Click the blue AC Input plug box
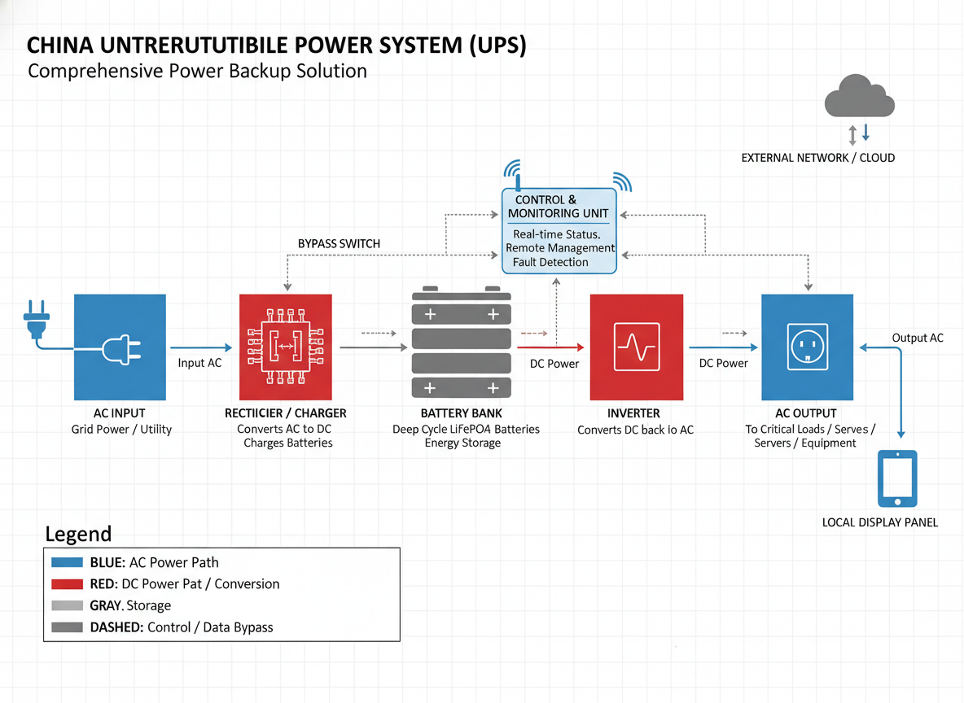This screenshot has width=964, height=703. click(120, 347)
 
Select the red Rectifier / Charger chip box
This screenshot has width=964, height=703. click(286, 347)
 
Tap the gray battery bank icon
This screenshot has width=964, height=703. click(461, 342)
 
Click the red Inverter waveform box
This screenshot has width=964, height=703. click(636, 347)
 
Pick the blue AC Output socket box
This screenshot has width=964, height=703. click(807, 347)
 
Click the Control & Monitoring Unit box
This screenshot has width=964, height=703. click(559, 231)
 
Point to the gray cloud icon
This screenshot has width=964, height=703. click(860, 97)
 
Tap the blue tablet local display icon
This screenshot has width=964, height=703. click(897, 478)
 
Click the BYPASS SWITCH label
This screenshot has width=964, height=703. click(339, 243)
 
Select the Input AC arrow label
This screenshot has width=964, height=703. click(199, 363)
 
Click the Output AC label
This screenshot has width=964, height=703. click(918, 338)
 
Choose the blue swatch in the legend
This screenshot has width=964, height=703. click(67, 562)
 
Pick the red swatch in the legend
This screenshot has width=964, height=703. click(67, 584)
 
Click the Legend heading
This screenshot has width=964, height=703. click(78, 535)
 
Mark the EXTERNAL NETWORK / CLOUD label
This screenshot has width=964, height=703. click(817, 158)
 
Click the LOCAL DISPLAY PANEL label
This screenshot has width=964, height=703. click(880, 522)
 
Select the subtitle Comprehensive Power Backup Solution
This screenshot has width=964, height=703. click(197, 71)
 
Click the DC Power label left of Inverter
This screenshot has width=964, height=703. click(554, 364)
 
